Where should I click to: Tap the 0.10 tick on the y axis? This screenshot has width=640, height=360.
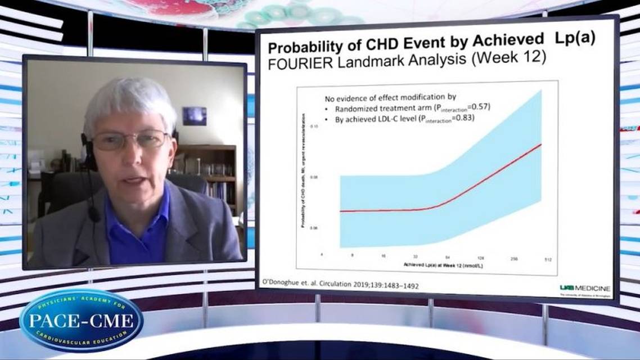point(316,127)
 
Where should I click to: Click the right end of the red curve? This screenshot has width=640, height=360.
point(540,145)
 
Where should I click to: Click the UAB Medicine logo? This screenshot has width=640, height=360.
point(584,289)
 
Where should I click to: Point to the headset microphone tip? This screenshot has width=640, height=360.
point(94,213)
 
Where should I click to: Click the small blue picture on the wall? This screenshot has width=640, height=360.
point(194,116)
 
